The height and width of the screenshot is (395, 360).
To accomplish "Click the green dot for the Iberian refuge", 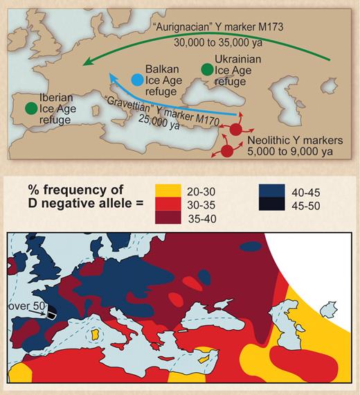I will (x=30, y=108).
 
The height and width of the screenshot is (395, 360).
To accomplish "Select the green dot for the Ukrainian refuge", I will (x=206, y=69).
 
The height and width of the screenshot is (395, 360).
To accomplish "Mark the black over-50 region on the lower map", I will (x=48, y=310).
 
